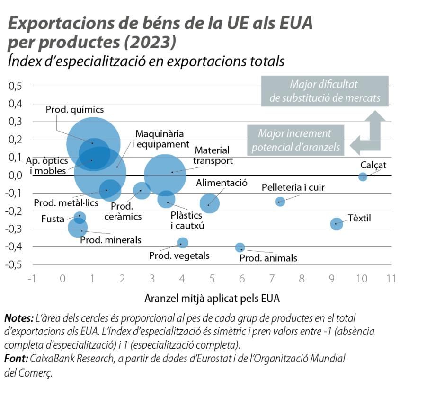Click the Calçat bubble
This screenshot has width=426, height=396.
pyautogui.click(x=363, y=177)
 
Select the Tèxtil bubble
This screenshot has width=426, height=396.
pyautogui.click(x=336, y=224)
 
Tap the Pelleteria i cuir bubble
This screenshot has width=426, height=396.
pyautogui.click(x=280, y=202)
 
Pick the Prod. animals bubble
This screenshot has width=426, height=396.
pyautogui.click(x=240, y=247)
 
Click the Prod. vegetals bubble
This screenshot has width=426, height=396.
pyautogui.click(x=183, y=243)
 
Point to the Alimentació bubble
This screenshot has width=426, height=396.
pyautogui.click(x=209, y=203)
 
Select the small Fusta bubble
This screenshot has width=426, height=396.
pyautogui.click(x=80, y=218)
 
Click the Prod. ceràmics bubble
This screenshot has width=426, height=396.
pyautogui.click(x=141, y=191)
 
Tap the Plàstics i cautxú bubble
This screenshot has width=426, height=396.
pyautogui.click(x=166, y=199)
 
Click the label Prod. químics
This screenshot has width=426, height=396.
pyautogui.click(x=74, y=110)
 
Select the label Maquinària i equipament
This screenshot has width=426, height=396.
pyautogui.click(x=160, y=139)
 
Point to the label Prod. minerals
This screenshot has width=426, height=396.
pyautogui.click(x=110, y=240)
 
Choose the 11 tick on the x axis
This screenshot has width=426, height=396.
pyautogui.click(x=391, y=279)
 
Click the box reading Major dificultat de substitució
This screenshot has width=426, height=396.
pyautogui.click(x=324, y=91)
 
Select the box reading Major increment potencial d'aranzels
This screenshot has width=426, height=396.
pyautogui.click(x=295, y=141)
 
